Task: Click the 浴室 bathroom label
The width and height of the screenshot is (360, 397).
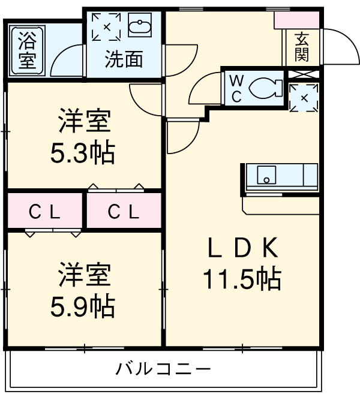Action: (x=26, y=50)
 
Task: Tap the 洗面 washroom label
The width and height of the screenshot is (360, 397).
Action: (x=124, y=59)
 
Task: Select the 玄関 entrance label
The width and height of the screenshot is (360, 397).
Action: (x=301, y=47)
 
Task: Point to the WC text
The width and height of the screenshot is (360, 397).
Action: (x=235, y=88)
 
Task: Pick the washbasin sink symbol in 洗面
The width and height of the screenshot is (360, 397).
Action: (x=142, y=28)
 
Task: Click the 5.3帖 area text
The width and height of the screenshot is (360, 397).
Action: (x=83, y=154)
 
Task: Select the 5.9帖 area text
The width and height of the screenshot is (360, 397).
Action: (x=83, y=307)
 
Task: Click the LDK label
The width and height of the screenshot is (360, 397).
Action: (x=242, y=246)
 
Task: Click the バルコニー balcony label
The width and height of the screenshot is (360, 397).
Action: (x=163, y=368)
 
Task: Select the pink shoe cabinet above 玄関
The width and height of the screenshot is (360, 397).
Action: (x=298, y=19)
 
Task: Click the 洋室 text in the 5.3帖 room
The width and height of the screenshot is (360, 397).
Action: (x=83, y=122)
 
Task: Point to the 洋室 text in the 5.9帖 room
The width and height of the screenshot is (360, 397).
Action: (x=83, y=275)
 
